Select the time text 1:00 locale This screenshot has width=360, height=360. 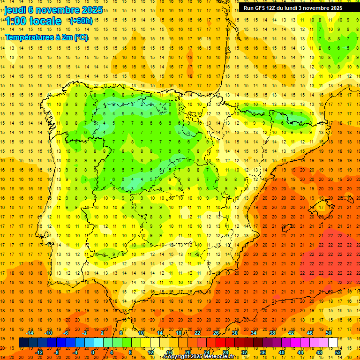click(x=33, y=21)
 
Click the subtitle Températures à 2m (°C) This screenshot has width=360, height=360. click(x=46, y=37)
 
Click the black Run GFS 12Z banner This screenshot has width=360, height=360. click(x=293, y=8)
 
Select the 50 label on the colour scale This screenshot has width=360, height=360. click(x=329, y=333)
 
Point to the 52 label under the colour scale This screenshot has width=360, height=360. click(x=338, y=352)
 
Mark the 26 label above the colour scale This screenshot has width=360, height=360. click(x=216, y=333)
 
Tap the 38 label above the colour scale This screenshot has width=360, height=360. click(x=272, y=333)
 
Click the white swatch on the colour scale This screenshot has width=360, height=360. click(x=333, y=343)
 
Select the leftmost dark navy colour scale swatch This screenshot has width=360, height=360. click(x=23, y=343)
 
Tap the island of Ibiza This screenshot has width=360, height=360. click(x=286, y=228)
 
